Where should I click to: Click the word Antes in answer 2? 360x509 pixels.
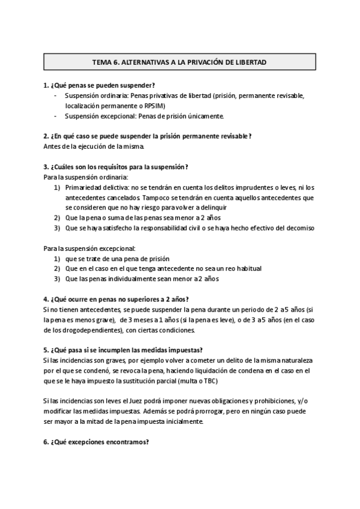click(52, 146)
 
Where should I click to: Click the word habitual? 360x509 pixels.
click(248, 268)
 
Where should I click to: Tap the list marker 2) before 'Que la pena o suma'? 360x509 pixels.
click(57, 218)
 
